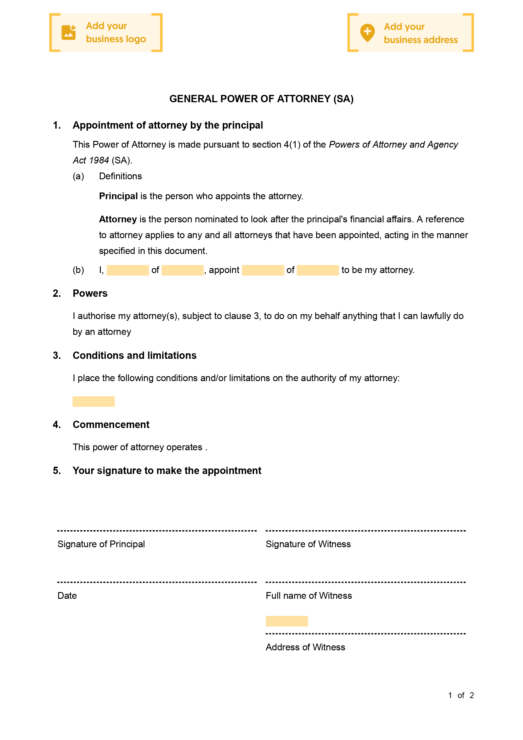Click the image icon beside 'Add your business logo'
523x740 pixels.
pos(68,33)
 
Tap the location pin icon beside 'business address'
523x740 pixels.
pos(367,33)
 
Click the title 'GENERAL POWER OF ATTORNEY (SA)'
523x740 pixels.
pos(261,99)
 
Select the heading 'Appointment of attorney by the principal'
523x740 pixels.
pos(168,125)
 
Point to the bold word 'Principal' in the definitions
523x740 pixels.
pos(118,196)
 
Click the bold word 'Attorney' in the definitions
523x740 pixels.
pos(118,219)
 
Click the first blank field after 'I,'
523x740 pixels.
pos(128,270)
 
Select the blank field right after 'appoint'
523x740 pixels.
pos(263,270)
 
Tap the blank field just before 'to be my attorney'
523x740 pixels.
pos(318,270)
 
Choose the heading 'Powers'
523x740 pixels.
pos(90,293)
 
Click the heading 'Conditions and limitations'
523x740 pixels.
pos(134,355)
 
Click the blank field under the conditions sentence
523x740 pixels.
pos(93,401)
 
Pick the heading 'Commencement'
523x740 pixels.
pos(111,424)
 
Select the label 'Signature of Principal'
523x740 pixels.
pos(101,544)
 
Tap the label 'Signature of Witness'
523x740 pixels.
pos(308,544)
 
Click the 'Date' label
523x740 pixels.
pos(67,596)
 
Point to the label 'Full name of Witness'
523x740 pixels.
pos(309,596)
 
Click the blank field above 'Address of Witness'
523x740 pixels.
pos(287,621)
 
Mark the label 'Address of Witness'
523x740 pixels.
pos(305,647)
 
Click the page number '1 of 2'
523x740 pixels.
pos(461,695)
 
